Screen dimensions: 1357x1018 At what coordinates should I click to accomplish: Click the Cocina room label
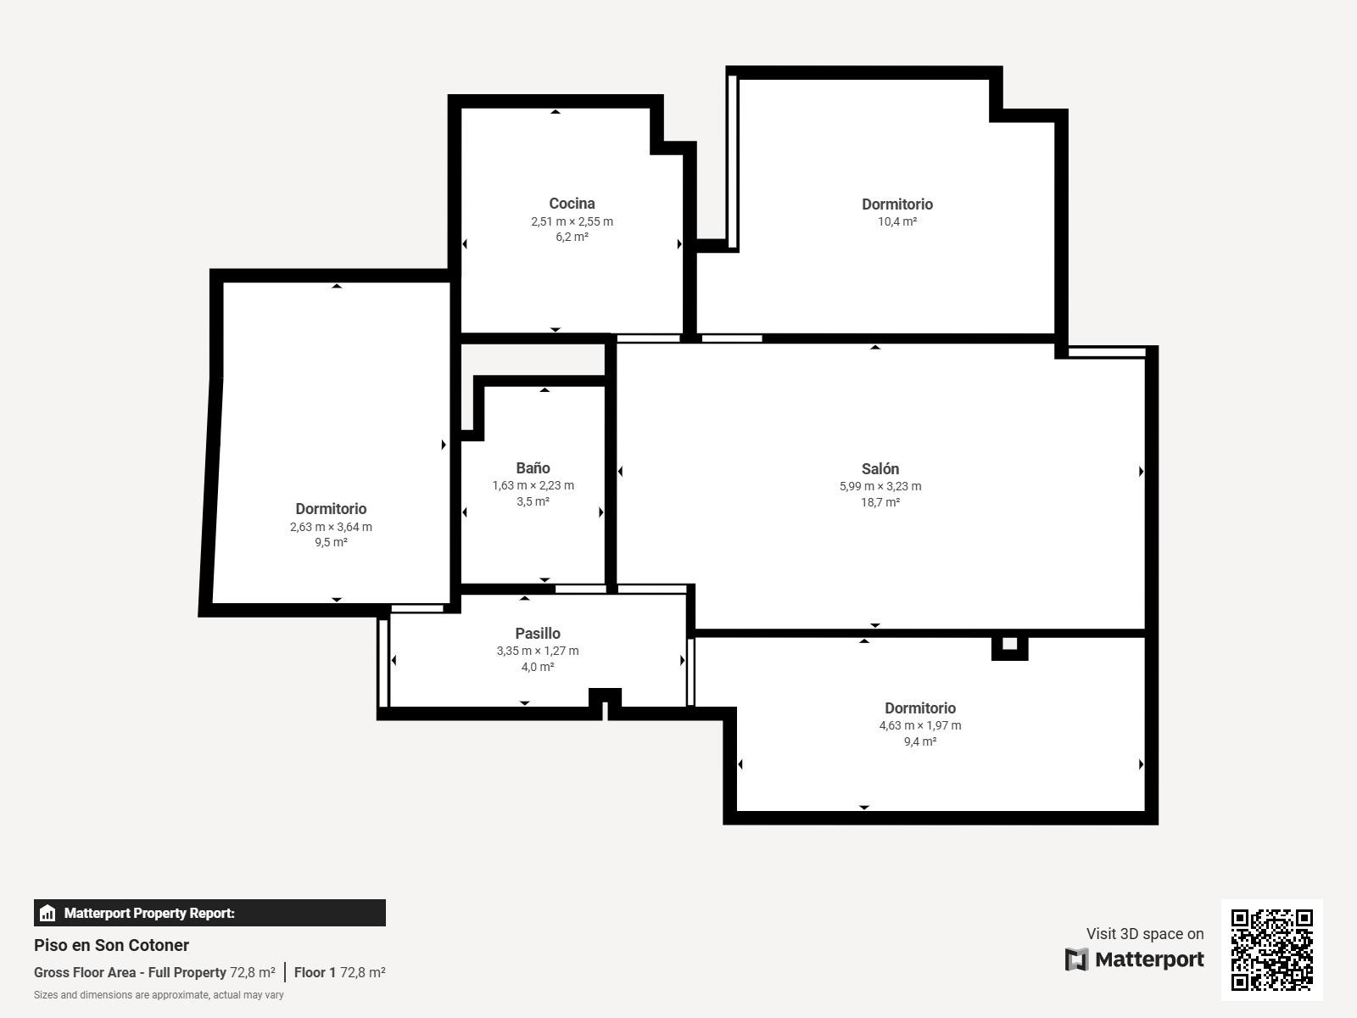pyautogui.click(x=572, y=204)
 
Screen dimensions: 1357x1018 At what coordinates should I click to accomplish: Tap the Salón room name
pyautogui.click(x=880, y=468)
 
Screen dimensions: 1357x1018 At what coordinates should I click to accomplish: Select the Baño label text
pyautogui.click(x=533, y=468)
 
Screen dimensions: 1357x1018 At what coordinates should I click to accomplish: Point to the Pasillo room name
pyautogui.click(x=538, y=634)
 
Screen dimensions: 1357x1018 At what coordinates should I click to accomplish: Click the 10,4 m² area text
pyautogui.click(x=897, y=221)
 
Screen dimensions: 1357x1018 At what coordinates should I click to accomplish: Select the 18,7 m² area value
pyautogui.click(x=880, y=502)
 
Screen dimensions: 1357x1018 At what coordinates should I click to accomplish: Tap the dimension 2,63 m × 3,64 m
pyautogui.click(x=331, y=527)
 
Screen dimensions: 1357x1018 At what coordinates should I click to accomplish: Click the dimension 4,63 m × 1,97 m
pyautogui.click(x=920, y=725)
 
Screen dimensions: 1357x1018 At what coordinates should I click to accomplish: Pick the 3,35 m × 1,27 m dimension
pyautogui.click(x=538, y=650)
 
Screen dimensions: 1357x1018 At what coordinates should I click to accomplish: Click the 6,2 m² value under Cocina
pyautogui.click(x=572, y=237)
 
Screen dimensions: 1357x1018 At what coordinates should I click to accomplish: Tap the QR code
pyautogui.click(x=1271, y=950)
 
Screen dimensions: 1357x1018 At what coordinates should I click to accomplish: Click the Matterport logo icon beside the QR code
pyautogui.click(x=1076, y=959)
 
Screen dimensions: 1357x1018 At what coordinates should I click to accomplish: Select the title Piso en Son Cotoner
pyautogui.click(x=111, y=945)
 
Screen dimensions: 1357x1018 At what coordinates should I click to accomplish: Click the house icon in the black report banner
pyautogui.click(x=47, y=913)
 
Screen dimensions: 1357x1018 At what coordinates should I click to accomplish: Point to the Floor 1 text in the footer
pyautogui.click(x=315, y=972)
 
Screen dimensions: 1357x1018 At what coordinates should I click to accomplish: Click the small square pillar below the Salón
pyautogui.click(x=1009, y=646)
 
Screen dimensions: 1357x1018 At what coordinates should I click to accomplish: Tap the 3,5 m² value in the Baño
pyautogui.click(x=533, y=501)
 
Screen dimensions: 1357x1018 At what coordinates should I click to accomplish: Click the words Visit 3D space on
pyautogui.click(x=1145, y=934)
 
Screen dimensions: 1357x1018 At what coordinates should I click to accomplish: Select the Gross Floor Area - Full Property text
pyautogui.click(x=130, y=972)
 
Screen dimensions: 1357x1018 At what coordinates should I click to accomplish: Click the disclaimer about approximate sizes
pyautogui.click(x=159, y=995)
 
